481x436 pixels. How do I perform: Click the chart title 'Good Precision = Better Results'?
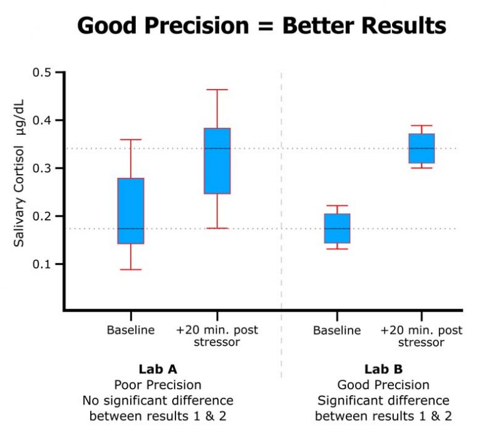coord(261,25)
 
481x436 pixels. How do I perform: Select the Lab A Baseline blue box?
coord(131,210)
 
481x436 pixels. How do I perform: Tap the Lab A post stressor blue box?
coord(217,161)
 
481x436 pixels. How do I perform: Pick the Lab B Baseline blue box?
coord(337,228)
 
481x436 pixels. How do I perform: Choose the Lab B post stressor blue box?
coord(422,148)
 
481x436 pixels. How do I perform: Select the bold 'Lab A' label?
coord(157,369)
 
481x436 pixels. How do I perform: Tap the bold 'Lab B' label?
coord(383,369)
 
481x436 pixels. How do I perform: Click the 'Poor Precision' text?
coord(157,385)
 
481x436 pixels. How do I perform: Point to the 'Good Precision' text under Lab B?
coord(383,385)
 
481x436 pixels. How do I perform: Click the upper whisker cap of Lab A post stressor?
coord(217,90)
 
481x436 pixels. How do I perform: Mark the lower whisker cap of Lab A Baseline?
coord(131,269)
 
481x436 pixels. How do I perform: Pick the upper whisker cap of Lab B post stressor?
coord(422,125)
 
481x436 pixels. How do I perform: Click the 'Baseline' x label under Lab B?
coord(337,330)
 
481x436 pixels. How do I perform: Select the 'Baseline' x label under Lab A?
coord(131,330)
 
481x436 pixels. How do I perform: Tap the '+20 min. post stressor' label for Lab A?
coord(217,336)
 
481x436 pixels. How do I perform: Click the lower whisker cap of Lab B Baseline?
coord(337,249)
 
